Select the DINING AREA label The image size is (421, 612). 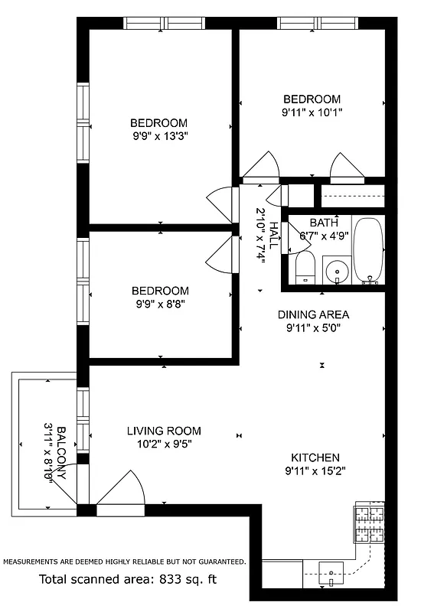313,314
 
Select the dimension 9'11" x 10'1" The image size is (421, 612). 312,112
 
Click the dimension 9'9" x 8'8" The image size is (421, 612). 159,304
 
